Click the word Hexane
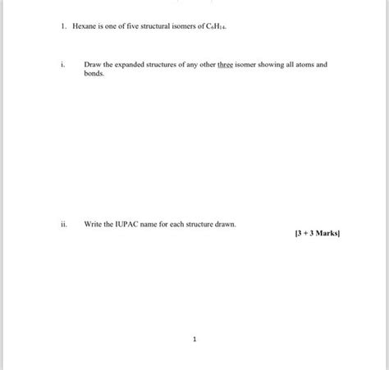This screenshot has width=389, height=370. [85, 26]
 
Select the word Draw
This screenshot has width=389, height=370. [92, 63]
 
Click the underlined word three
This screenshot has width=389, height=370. [225, 63]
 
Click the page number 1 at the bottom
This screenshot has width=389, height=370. [194, 337]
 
